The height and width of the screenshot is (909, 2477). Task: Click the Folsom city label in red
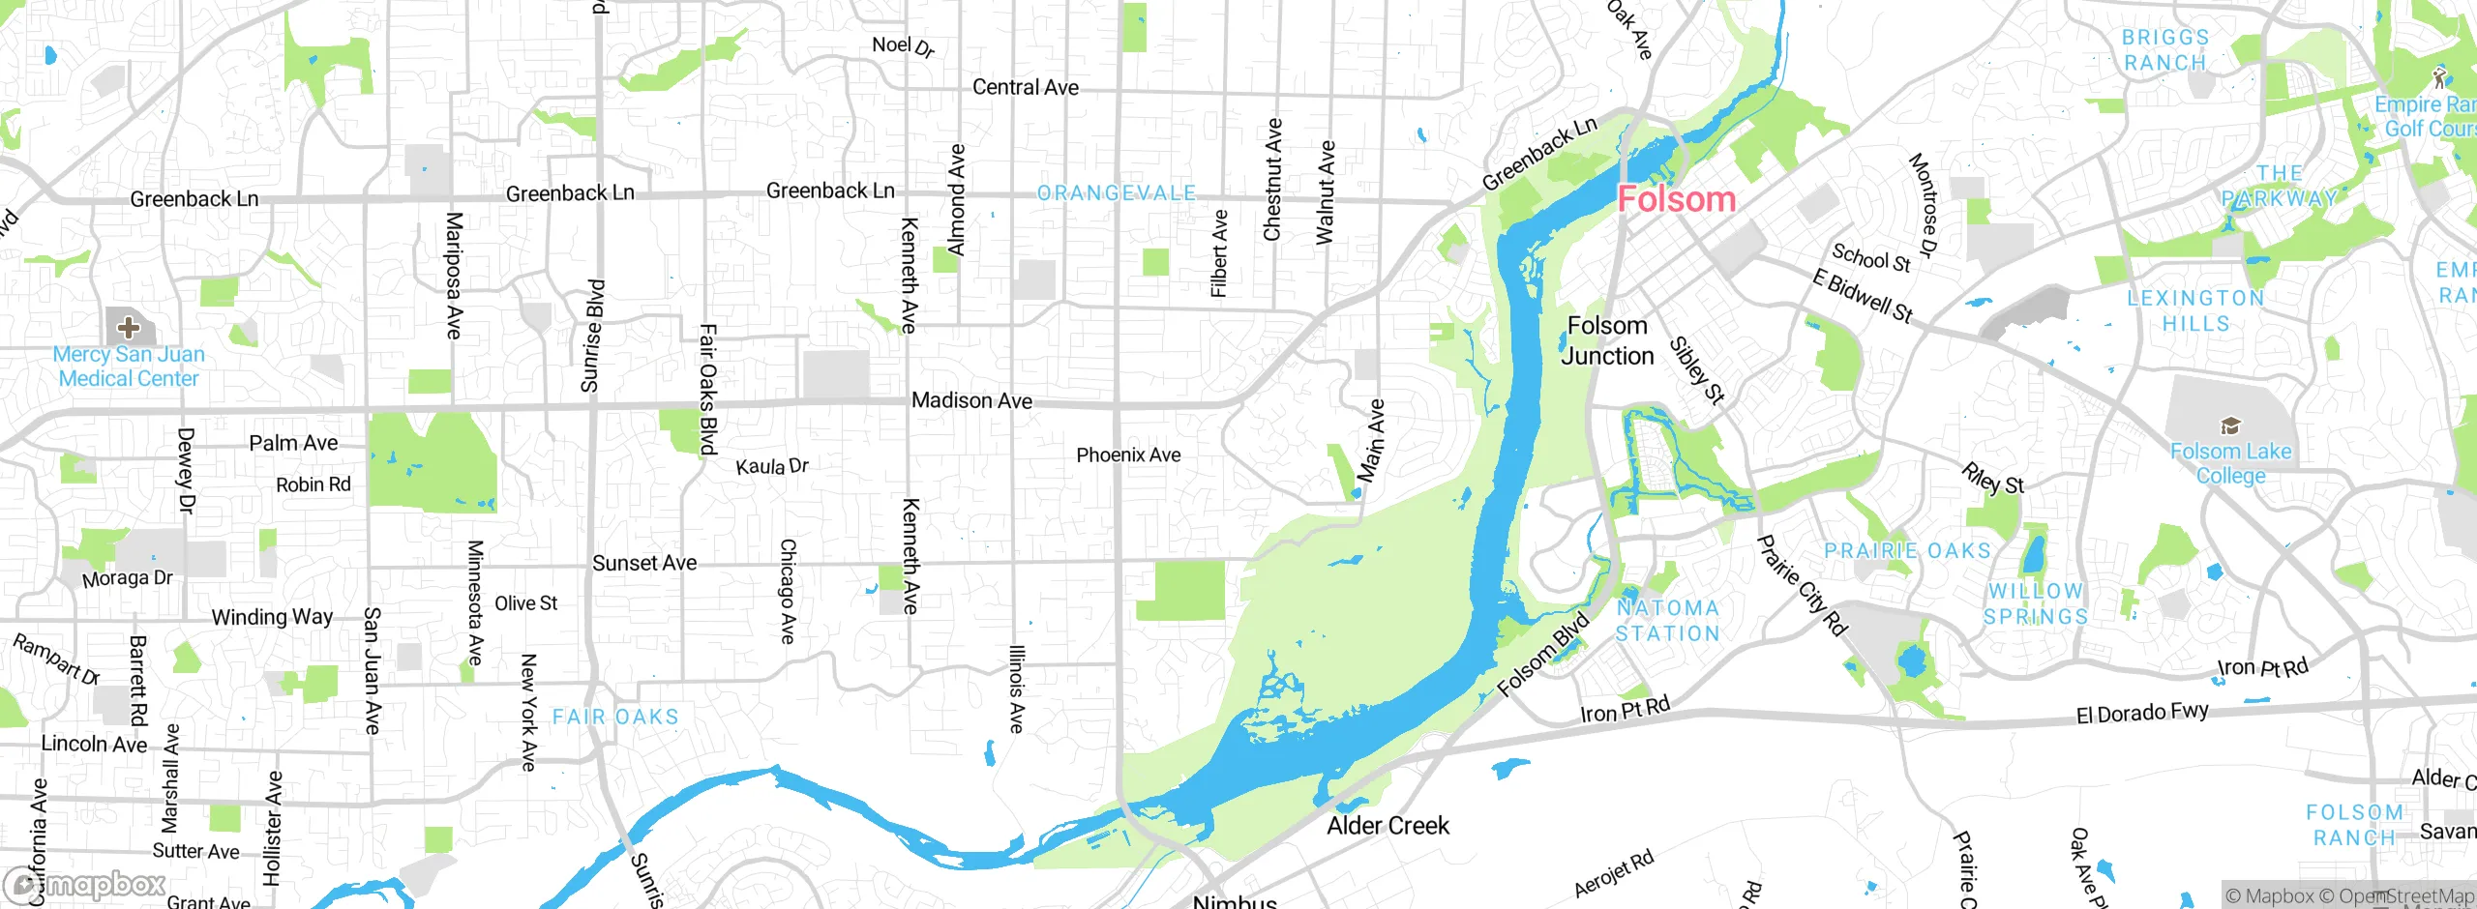pos(1676,199)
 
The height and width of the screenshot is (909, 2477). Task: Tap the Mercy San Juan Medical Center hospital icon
pos(128,327)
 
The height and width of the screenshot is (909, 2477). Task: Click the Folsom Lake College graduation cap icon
pos(2230,426)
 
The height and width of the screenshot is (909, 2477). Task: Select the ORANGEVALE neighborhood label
pos(1117,193)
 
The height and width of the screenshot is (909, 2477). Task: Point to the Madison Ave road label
pos(971,400)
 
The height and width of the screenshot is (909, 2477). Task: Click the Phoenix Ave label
pos(1128,454)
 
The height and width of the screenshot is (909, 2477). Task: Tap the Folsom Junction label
pos(1607,340)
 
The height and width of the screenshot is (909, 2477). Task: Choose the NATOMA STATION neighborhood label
pos(1668,621)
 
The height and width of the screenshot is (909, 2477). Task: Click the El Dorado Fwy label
pos(2142,714)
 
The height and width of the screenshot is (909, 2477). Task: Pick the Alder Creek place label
pos(1388,826)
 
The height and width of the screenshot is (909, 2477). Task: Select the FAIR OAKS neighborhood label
pos(615,718)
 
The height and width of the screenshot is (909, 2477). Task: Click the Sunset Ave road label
pos(644,563)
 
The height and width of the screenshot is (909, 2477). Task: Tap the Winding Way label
pos(272,617)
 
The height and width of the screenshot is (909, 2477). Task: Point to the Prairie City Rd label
pos(1803,586)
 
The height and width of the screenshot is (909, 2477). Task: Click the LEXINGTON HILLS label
pos(2195,310)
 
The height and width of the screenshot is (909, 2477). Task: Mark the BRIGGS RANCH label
pos(2164,50)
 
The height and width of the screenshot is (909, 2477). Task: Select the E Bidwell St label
pos(1863,296)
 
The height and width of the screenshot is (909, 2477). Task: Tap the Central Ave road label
pos(1025,87)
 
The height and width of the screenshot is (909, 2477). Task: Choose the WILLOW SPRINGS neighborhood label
pos(2036,603)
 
